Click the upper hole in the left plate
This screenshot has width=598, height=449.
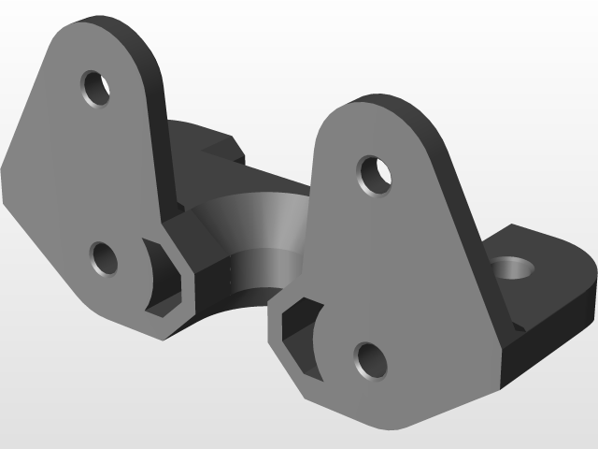point(95,90)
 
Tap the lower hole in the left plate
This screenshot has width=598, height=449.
point(104,257)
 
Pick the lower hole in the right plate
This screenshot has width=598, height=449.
point(370,360)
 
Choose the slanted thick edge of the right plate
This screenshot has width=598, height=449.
point(458,206)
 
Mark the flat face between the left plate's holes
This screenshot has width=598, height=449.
point(93,173)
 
